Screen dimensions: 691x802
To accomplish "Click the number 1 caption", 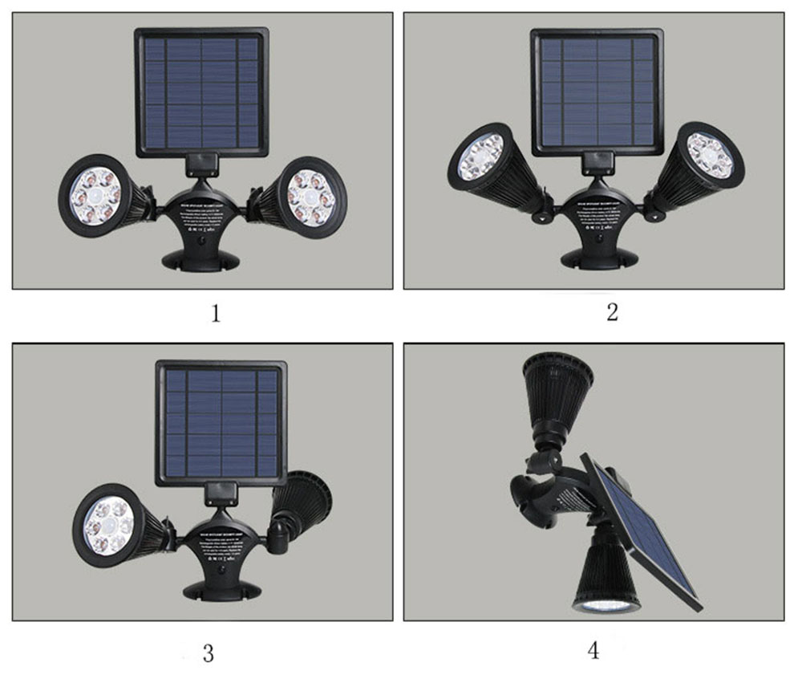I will point(215,313).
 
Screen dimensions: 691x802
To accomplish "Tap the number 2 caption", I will point(612,312).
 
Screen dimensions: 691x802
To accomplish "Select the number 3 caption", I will point(208,653).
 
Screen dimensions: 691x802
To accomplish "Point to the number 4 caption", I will point(593,649).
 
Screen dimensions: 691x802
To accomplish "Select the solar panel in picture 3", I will point(221,422).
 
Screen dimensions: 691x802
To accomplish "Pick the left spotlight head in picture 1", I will point(95,195).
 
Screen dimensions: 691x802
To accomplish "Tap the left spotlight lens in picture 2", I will point(480,156).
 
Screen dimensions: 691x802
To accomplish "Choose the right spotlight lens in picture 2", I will point(711,156).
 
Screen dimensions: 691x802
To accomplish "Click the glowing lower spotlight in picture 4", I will point(606,601).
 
